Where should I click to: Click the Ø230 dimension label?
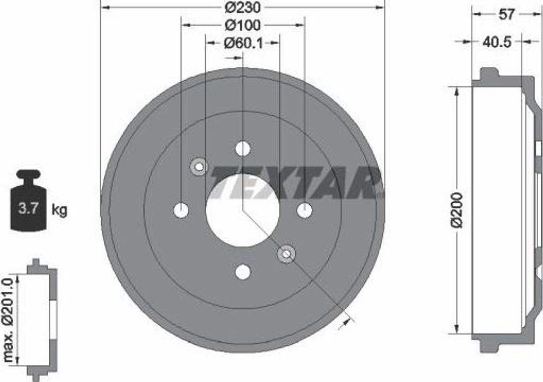(x=242, y=7)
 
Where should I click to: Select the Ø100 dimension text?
(x=243, y=25)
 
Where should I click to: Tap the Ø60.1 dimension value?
(x=243, y=43)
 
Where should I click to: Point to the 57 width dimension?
(x=506, y=14)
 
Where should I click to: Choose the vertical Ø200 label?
(x=457, y=210)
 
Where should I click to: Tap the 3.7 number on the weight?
(x=28, y=209)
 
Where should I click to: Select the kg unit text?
(x=59, y=210)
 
